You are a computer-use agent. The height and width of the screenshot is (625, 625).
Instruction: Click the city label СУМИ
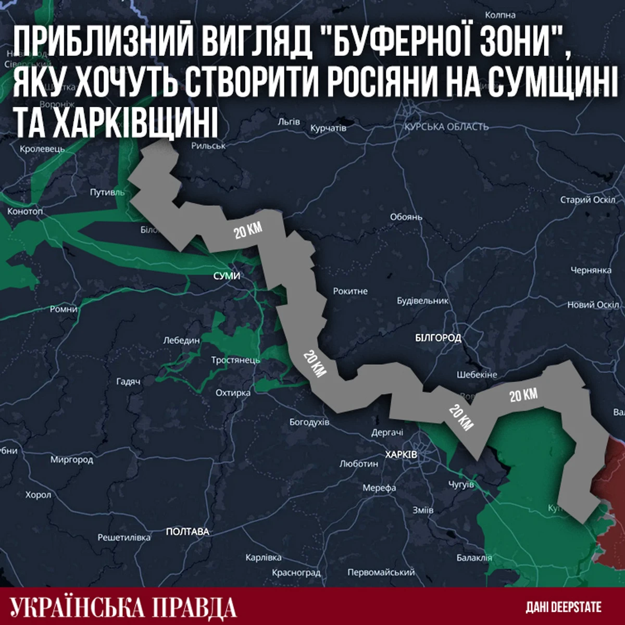coord(227,276)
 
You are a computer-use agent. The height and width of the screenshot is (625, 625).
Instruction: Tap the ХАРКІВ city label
coord(401,454)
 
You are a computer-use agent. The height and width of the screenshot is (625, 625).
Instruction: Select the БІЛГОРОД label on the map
coord(438,337)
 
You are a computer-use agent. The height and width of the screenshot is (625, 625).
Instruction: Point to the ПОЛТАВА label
coord(187,532)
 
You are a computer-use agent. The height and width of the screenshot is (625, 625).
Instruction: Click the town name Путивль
coord(107,192)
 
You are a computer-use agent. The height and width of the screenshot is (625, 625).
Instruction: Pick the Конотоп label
coord(25,211)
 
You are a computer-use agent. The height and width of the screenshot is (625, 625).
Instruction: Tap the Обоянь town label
coord(406,217)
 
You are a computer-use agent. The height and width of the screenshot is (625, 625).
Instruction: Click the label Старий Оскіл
coord(587,199)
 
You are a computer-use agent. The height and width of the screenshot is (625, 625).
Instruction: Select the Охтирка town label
coord(233,393)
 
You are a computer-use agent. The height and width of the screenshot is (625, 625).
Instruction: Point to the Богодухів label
coord(309,422)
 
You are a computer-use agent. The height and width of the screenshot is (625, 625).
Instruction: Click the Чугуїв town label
coord(461,484)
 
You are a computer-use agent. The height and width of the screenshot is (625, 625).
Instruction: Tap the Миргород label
coord(71,459)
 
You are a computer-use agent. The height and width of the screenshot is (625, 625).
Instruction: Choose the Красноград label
coord(296,572)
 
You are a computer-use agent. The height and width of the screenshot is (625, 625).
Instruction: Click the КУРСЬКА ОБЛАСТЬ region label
coord(446,127)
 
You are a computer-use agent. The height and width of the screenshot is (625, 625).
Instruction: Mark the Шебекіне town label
coord(477,374)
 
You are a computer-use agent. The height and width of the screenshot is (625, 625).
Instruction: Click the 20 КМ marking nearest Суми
coord(248,230)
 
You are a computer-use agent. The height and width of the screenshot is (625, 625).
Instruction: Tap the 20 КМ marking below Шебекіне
coord(460,417)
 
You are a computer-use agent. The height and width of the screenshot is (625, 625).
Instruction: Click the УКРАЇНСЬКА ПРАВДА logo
coord(123,607)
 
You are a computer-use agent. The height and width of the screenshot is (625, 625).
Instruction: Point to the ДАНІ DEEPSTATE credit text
coord(563,607)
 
